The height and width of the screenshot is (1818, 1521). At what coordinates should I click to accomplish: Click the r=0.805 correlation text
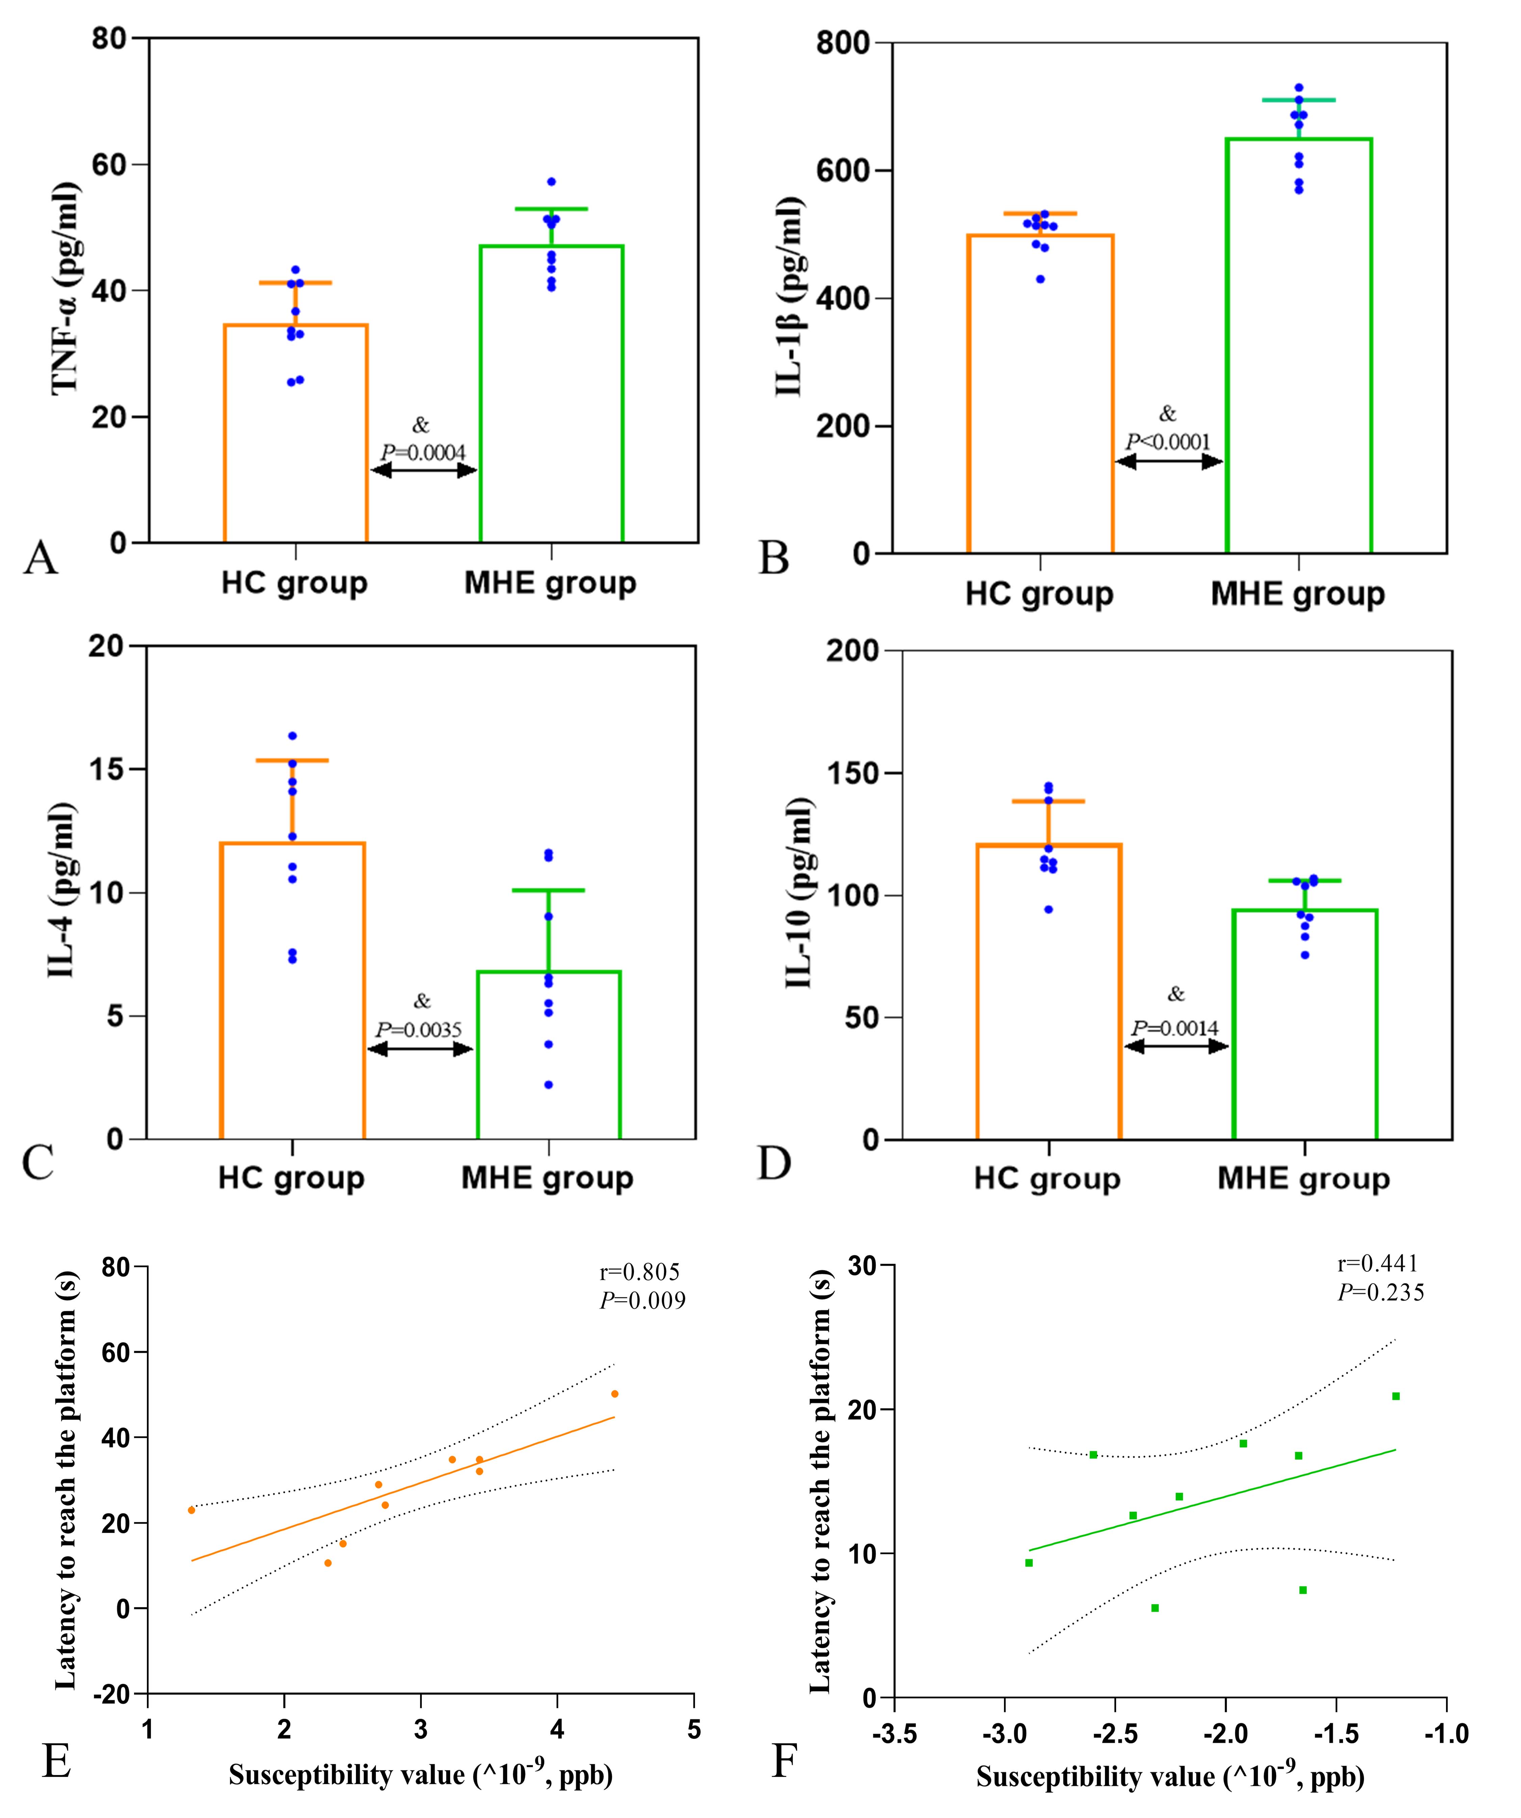click(639, 1272)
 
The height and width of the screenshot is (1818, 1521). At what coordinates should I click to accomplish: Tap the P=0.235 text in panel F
click(1381, 1292)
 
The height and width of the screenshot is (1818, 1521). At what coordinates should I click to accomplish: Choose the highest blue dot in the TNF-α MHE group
click(551, 182)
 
